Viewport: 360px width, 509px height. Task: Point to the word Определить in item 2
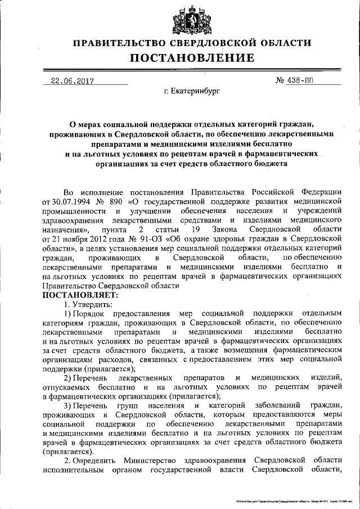[x=96, y=460]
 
